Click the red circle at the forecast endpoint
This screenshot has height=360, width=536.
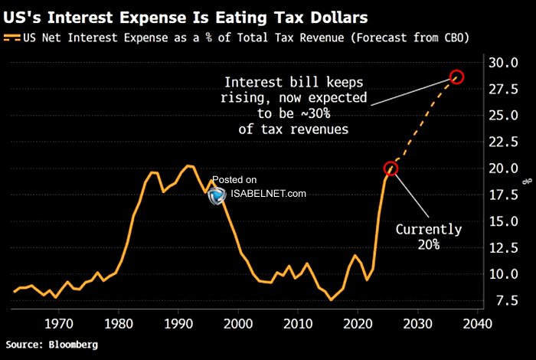point(456,70)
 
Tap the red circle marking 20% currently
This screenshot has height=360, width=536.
point(391,162)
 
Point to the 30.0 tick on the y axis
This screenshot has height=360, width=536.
point(503,63)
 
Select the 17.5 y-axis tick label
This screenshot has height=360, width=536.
point(503,195)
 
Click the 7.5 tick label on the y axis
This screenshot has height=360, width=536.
point(507,301)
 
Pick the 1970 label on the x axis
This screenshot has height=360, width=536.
point(59,324)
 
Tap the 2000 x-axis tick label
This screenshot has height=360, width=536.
point(238,324)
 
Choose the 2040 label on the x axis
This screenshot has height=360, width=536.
point(478,324)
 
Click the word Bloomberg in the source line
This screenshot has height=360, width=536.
point(74,345)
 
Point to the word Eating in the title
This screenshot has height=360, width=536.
point(240,18)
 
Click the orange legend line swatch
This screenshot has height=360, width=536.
point(12,38)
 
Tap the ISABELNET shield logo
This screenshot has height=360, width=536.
point(217,196)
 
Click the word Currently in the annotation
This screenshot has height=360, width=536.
point(429,229)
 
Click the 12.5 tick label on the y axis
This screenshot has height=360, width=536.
point(504,248)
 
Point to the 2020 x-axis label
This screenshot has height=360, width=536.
point(358,324)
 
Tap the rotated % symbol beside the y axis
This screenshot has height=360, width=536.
point(528,182)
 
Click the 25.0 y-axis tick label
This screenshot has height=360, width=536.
point(503,116)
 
